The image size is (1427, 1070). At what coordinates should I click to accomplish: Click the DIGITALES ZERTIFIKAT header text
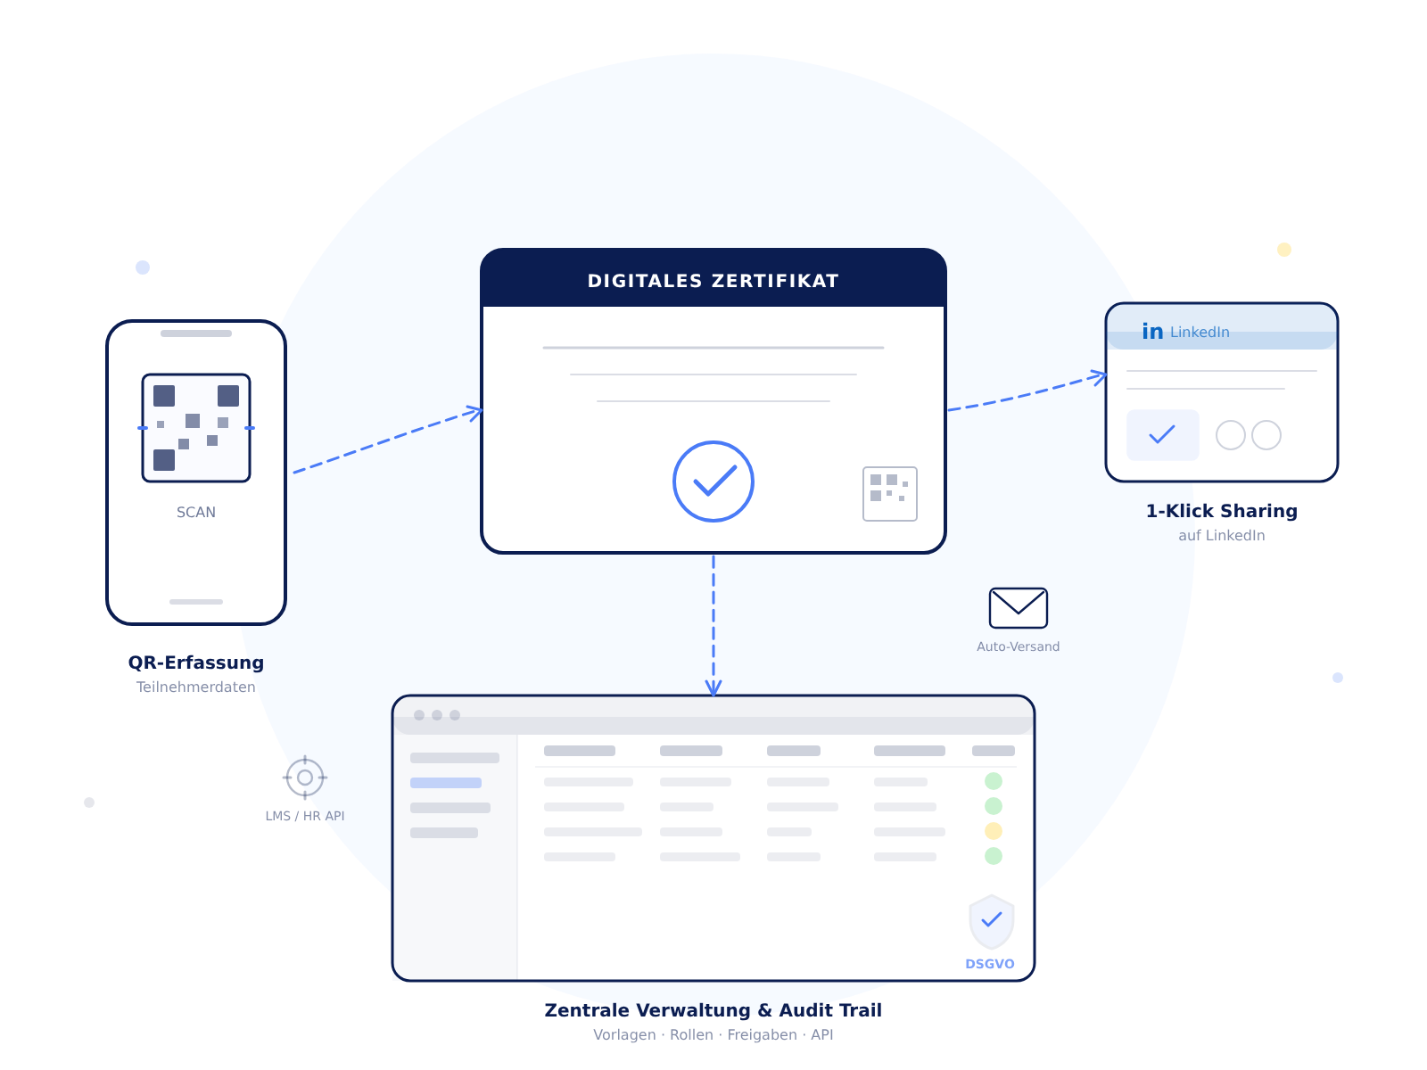point(713,281)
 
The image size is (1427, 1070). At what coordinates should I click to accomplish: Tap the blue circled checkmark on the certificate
point(713,481)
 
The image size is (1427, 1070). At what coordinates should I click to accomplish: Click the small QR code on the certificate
point(889,493)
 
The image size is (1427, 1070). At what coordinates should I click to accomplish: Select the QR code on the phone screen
point(196,428)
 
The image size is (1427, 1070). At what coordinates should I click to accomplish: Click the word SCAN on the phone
point(196,513)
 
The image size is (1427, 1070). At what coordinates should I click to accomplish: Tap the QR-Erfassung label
point(196,663)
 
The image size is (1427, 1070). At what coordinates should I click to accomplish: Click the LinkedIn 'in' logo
point(1152,332)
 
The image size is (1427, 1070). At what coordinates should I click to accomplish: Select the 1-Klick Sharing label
point(1221,511)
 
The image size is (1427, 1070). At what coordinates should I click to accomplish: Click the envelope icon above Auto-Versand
point(1018,608)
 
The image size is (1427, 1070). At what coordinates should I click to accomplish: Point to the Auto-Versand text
point(1018,646)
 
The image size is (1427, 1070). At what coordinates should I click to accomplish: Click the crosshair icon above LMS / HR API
point(305,778)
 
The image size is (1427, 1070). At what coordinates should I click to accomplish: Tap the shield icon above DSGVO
point(991,921)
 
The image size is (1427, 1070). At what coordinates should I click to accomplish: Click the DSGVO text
point(989,964)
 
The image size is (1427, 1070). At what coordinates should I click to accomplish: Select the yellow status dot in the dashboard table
point(993,831)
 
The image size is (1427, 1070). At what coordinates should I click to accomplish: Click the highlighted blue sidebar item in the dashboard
point(446,783)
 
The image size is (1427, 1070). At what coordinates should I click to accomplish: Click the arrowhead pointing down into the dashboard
point(713,687)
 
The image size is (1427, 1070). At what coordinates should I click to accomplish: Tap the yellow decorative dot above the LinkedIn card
point(1284,250)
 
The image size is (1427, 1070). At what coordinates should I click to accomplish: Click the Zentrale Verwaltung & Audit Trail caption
point(713,1010)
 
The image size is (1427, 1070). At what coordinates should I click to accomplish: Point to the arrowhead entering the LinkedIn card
point(1100,376)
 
